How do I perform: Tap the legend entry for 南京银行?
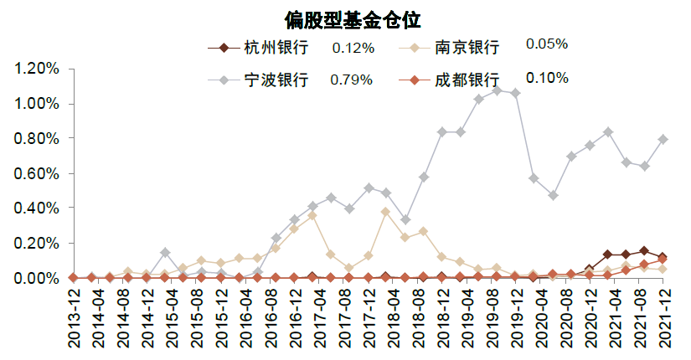click(467, 47)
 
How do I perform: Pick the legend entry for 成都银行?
click(467, 80)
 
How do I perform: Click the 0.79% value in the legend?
click(352, 80)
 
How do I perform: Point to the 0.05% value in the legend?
click(546, 44)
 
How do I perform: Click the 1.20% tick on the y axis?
click(37, 69)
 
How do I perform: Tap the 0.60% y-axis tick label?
click(37, 173)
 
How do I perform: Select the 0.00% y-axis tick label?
click(37, 278)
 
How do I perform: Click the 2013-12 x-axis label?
click(74, 323)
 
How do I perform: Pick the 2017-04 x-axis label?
click(312, 323)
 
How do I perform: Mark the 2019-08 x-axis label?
click(497, 323)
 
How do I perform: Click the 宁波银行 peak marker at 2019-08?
click(497, 90)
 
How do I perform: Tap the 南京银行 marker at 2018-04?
click(385, 212)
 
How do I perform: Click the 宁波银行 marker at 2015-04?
click(165, 252)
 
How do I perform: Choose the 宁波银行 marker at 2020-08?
click(570, 157)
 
